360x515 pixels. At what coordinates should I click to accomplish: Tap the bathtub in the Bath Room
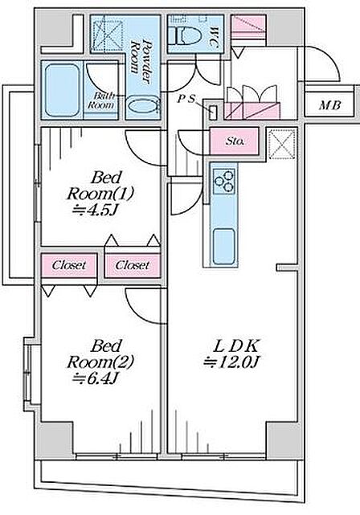(63, 90)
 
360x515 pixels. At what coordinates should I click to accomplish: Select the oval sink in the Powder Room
(142, 106)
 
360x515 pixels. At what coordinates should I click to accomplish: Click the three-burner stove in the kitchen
(224, 182)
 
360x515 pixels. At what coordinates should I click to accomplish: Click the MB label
(330, 105)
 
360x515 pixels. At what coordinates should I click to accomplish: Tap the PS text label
(186, 99)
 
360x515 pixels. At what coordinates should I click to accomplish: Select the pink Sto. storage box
(235, 141)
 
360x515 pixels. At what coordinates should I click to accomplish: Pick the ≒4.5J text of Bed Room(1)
(95, 210)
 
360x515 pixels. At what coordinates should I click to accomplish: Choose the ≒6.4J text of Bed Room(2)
(95, 378)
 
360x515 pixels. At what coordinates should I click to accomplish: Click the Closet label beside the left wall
(69, 265)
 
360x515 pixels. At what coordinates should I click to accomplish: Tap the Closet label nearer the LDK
(133, 265)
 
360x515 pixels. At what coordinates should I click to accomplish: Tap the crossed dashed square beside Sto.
(283, 144)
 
